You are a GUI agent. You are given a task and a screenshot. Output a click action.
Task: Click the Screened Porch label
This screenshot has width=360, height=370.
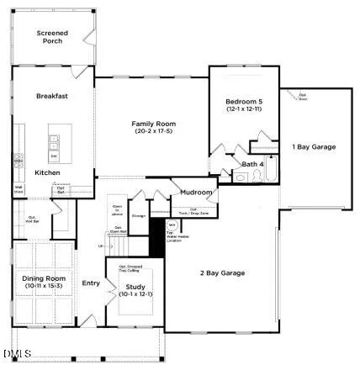point(52,36)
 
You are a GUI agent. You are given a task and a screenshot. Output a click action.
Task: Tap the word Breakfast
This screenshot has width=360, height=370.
point(51,97)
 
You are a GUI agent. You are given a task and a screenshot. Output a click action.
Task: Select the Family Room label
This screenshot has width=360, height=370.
point(151,124)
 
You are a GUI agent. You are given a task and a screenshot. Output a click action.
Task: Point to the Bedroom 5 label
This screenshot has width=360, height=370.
point(244,103)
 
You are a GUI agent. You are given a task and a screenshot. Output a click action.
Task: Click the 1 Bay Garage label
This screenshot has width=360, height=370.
point(314,146)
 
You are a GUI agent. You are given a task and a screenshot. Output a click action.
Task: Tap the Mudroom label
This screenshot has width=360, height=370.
point(196,193)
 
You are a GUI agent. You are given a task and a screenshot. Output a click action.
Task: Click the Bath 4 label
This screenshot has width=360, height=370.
point(252,164)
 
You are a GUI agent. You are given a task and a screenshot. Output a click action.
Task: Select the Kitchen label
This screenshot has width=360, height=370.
point(47,172)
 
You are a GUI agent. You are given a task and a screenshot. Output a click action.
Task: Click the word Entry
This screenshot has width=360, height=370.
point(90,283)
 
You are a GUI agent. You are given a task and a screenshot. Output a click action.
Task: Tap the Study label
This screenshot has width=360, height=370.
point(134,287)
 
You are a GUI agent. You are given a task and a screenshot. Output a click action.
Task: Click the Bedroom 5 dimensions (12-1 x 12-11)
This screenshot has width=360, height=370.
point(244,110)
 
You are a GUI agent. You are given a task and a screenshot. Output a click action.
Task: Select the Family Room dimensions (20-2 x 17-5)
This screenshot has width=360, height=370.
point(151,133)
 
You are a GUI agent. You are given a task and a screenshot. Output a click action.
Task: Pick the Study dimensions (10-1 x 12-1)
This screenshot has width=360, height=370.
point(134,294)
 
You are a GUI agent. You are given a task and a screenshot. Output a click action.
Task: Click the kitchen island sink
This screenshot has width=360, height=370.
point(55,140)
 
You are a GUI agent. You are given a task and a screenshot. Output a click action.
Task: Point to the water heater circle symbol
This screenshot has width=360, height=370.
point(172,226)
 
